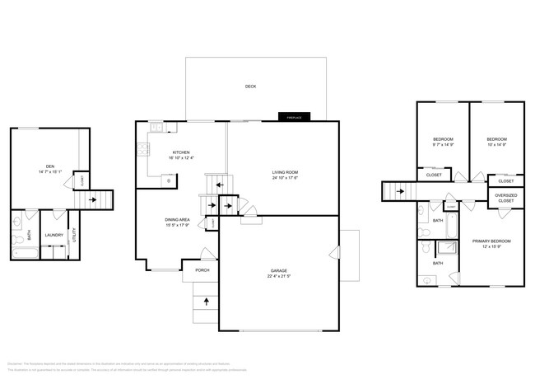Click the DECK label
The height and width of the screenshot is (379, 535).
250,87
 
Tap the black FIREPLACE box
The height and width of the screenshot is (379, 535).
294,117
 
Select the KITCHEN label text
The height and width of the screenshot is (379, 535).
181,152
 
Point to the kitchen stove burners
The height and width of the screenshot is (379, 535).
142,149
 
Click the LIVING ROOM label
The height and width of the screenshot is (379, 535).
285,172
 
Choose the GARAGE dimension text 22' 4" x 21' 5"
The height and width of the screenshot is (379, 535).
279,276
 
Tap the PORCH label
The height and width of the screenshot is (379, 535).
202,270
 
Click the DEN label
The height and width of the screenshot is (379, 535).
49,166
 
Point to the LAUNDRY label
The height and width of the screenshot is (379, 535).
54,235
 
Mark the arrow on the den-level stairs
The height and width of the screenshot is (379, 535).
93,199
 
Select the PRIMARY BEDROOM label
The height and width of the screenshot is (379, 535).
491,241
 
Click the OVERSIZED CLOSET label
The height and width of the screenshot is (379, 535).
505,199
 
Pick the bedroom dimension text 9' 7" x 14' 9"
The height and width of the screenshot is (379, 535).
443,145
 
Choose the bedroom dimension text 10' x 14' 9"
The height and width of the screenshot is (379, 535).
495,145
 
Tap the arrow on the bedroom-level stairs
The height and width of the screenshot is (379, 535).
401,192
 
